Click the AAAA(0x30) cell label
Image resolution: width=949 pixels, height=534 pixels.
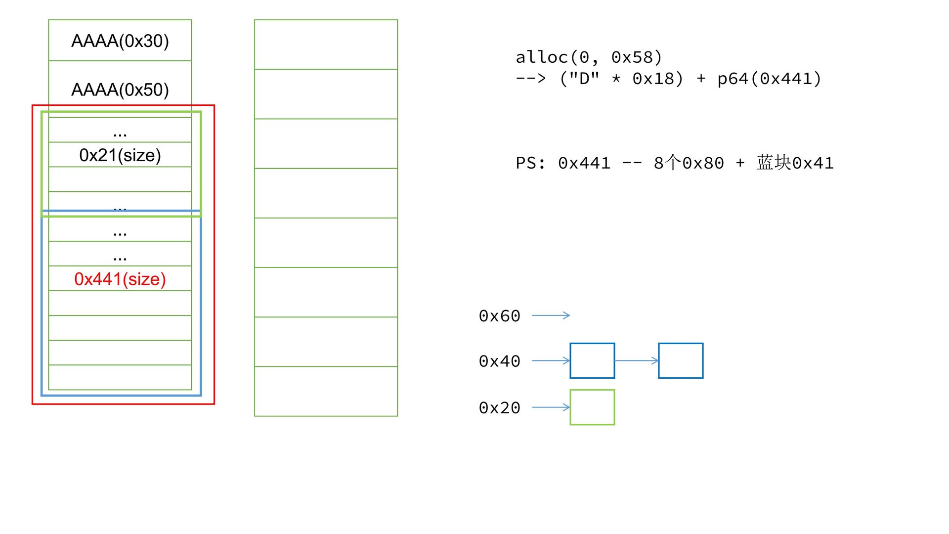point(120,41)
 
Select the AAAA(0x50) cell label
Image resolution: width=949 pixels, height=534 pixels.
point(120,90)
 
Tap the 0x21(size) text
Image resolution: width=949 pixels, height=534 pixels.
point(120,155)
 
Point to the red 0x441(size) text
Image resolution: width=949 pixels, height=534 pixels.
point(120,279)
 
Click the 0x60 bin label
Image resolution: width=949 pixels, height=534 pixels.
point(499,316)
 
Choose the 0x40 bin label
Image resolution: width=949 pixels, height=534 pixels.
point(499,361)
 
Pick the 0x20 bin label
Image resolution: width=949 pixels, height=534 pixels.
point(499,408)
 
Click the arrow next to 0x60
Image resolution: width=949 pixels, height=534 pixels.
point(551,315)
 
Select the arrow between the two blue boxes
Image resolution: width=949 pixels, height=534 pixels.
point(637,361)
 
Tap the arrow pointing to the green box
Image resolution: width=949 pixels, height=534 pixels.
point(551,407)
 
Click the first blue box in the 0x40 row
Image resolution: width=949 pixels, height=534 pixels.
point(592,361)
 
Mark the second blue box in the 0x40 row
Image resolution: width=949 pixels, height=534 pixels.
point(681,361)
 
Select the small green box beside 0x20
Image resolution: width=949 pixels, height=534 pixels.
point(592,407)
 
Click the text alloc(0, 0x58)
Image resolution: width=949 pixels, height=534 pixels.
point(588,57)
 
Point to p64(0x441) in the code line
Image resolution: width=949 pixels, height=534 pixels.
point(769,79)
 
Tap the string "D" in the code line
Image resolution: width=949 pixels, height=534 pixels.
point(585,79)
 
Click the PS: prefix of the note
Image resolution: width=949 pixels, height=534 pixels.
point(531,163)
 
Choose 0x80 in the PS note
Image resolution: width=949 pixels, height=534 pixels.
point(703,163)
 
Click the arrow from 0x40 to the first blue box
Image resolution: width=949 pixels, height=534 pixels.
point(551,361)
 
